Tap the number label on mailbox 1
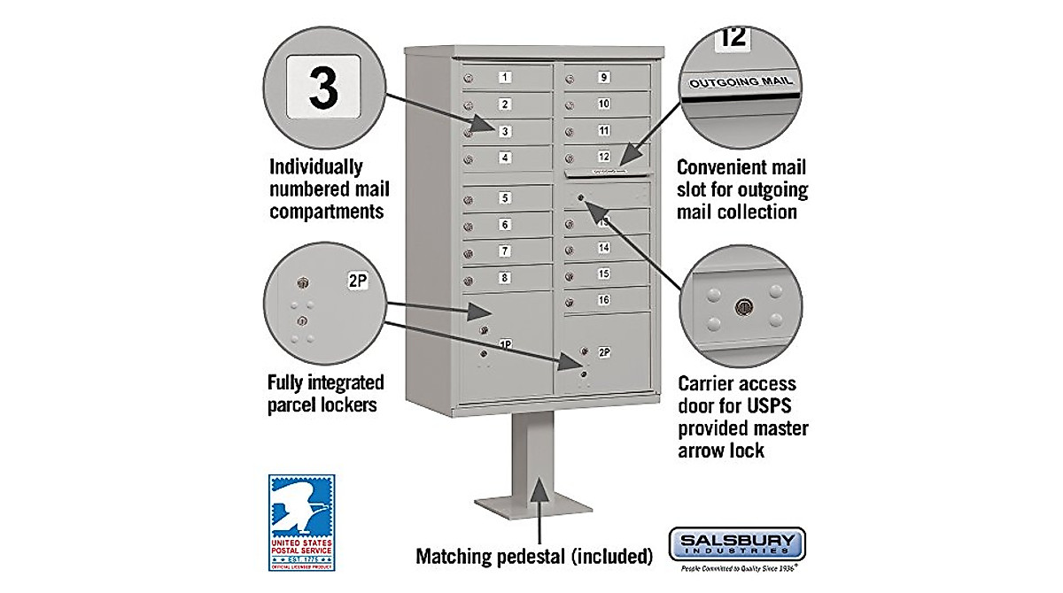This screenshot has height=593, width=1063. pyautogui.click(x=504, y=77)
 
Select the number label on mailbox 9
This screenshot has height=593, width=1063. pyautogui.click(x=603, y=77)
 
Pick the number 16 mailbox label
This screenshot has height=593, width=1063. pyautogui.click(x=603, y=300)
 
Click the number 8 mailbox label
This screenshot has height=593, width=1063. pyautogui.click(x=504, y=278)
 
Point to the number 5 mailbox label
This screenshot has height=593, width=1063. pyautogui.click(x=504, y=198)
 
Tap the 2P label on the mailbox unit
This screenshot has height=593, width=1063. pyautogui.click(x=604, y=351)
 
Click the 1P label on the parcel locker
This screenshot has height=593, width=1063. pyautogui.click(x=505, y=343)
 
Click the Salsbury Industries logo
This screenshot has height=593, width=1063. pyautogui.click(x=736, y=543)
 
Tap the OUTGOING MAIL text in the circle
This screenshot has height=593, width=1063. pyautogui.click(x=741, y=82)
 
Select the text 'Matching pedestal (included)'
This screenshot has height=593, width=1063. pyautogui.click(x=534, y=557)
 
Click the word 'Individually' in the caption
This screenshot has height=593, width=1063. pyautogui.click(x=316, y=167)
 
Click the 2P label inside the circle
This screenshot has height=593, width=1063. pyautogui.click(x=357, y=282)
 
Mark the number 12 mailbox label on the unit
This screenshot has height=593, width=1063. pyautogui.click(x=603, y=157)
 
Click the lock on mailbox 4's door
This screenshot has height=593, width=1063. pyautogui.click(x=469, y=160)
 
